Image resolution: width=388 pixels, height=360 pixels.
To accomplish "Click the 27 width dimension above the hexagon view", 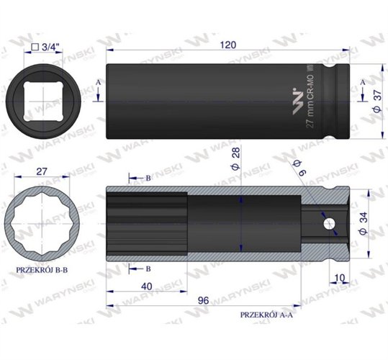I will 40,173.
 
